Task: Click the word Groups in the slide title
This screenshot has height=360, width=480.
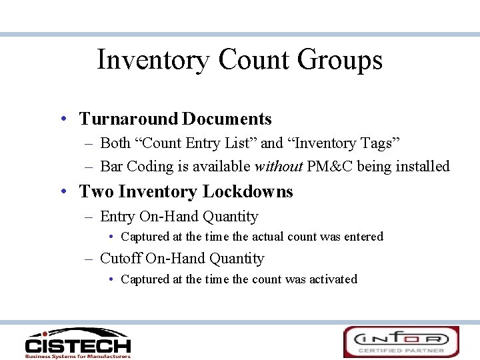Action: pos(339,60)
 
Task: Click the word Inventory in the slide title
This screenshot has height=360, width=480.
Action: pos(153,60)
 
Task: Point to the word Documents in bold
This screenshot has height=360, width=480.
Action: pos(227,119)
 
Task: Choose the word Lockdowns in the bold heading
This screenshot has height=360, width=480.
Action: pos(248,192)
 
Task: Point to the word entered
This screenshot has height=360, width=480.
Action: pos(363,237)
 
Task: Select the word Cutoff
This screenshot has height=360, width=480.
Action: pos(120,259)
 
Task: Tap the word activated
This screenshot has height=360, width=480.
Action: pos(333,279)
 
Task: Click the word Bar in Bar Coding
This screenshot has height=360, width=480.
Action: pos(111,167)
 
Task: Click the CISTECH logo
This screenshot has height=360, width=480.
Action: pos(77,343)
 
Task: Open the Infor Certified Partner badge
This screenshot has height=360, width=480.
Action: pos(401,342)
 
